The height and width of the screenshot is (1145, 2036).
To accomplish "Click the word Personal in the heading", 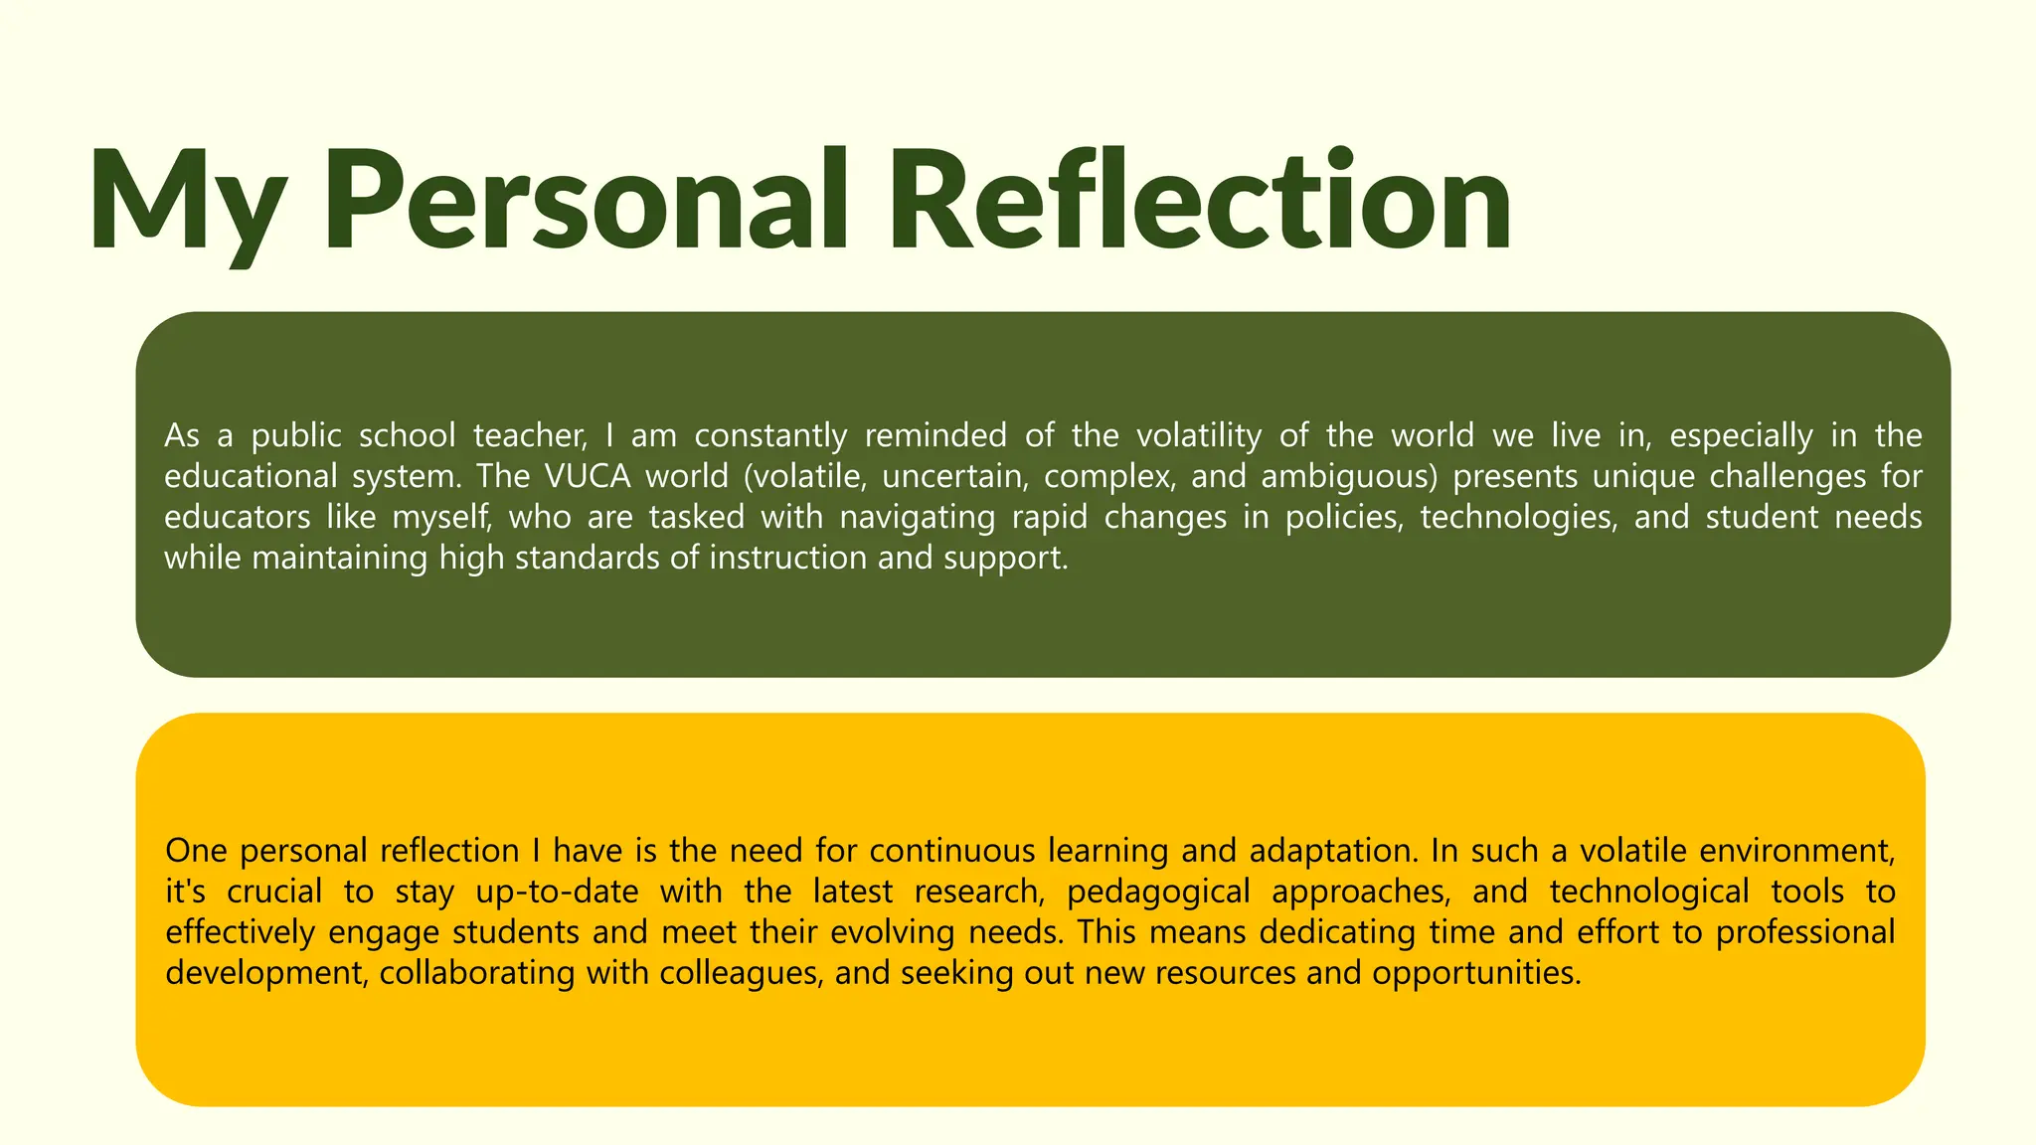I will [x=587, y=199].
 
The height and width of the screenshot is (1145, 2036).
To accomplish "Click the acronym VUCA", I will [x=588, y=477].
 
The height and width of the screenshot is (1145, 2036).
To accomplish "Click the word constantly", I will [x=770, y=436].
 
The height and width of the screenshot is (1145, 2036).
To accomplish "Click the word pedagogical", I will [x=1158, y=893].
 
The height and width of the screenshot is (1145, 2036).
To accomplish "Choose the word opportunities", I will [x=1476, y=973].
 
